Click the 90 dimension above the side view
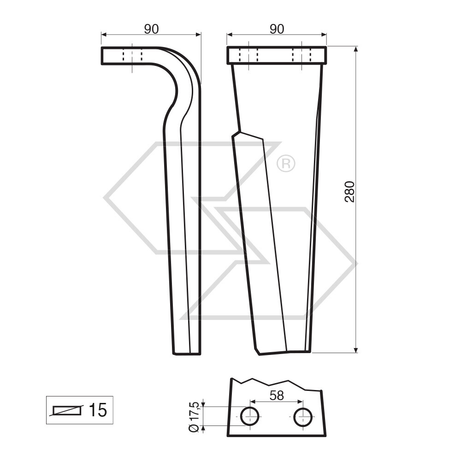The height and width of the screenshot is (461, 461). tap(151, 29)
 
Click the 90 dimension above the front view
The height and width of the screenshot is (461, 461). tap(277, 29)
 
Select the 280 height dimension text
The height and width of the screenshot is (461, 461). tap(349, 191)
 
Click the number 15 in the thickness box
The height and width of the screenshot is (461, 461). tap(97, 410)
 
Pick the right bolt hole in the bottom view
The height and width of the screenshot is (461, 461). tap(303, 416)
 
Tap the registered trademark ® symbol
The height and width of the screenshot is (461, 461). tap(286, 163)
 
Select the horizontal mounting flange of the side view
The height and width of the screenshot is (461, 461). tap(129, 56)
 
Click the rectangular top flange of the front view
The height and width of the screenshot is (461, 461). tap(277, 55)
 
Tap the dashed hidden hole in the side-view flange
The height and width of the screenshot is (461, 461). tap(132, 56)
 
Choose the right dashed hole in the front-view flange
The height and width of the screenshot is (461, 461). tap(301, 55)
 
